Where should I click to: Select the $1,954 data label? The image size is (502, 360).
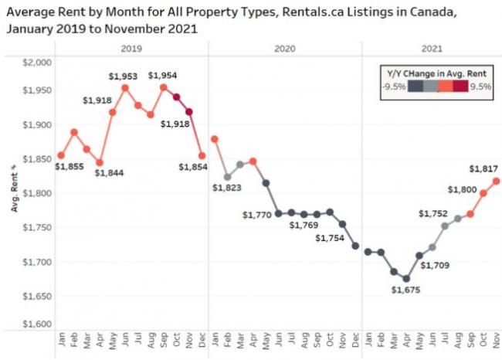tap(161, 75)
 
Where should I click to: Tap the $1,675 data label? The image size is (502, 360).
tap(405, 290)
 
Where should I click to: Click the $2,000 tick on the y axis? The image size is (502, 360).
tap(38, 63)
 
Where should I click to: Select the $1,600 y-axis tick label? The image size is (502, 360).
tap(38, 324)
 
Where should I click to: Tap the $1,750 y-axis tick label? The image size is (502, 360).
tap(38, 228)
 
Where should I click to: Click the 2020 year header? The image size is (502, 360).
tap(284, 48)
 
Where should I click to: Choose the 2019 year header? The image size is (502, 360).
tap(131, 48)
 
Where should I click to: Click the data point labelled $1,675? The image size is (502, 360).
tap(406, 279)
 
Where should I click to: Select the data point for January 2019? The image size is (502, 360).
tap(61, 155)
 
